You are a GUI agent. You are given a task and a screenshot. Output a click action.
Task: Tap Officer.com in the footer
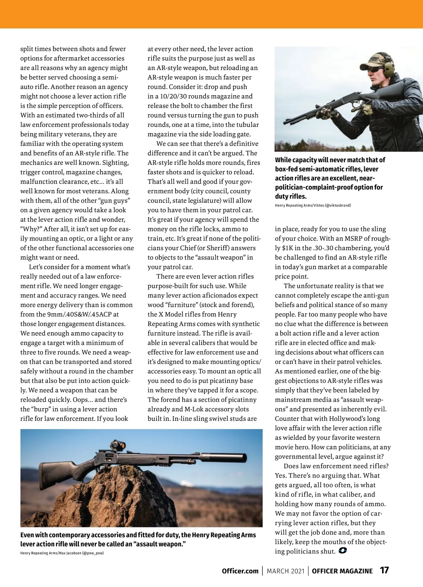(240, 571)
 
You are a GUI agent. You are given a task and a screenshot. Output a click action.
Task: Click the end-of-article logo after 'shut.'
(342, 550)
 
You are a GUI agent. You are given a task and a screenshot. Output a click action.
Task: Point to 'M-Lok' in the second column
(194, 409)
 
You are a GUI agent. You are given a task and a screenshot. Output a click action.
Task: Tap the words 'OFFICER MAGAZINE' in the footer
(342, 571)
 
